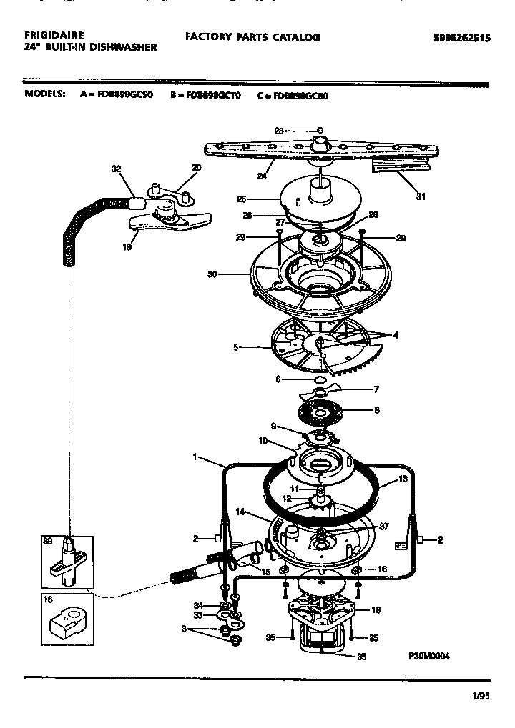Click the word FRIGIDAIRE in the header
pos(54,34)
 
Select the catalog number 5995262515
pos(463,39)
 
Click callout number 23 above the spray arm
pos(279,130)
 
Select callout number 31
pos(421,196)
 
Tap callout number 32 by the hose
pos(117,169)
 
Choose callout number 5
pos(235,348)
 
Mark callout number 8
pos(377,410)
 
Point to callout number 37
pos(384,527)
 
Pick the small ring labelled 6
pos(321,379)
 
